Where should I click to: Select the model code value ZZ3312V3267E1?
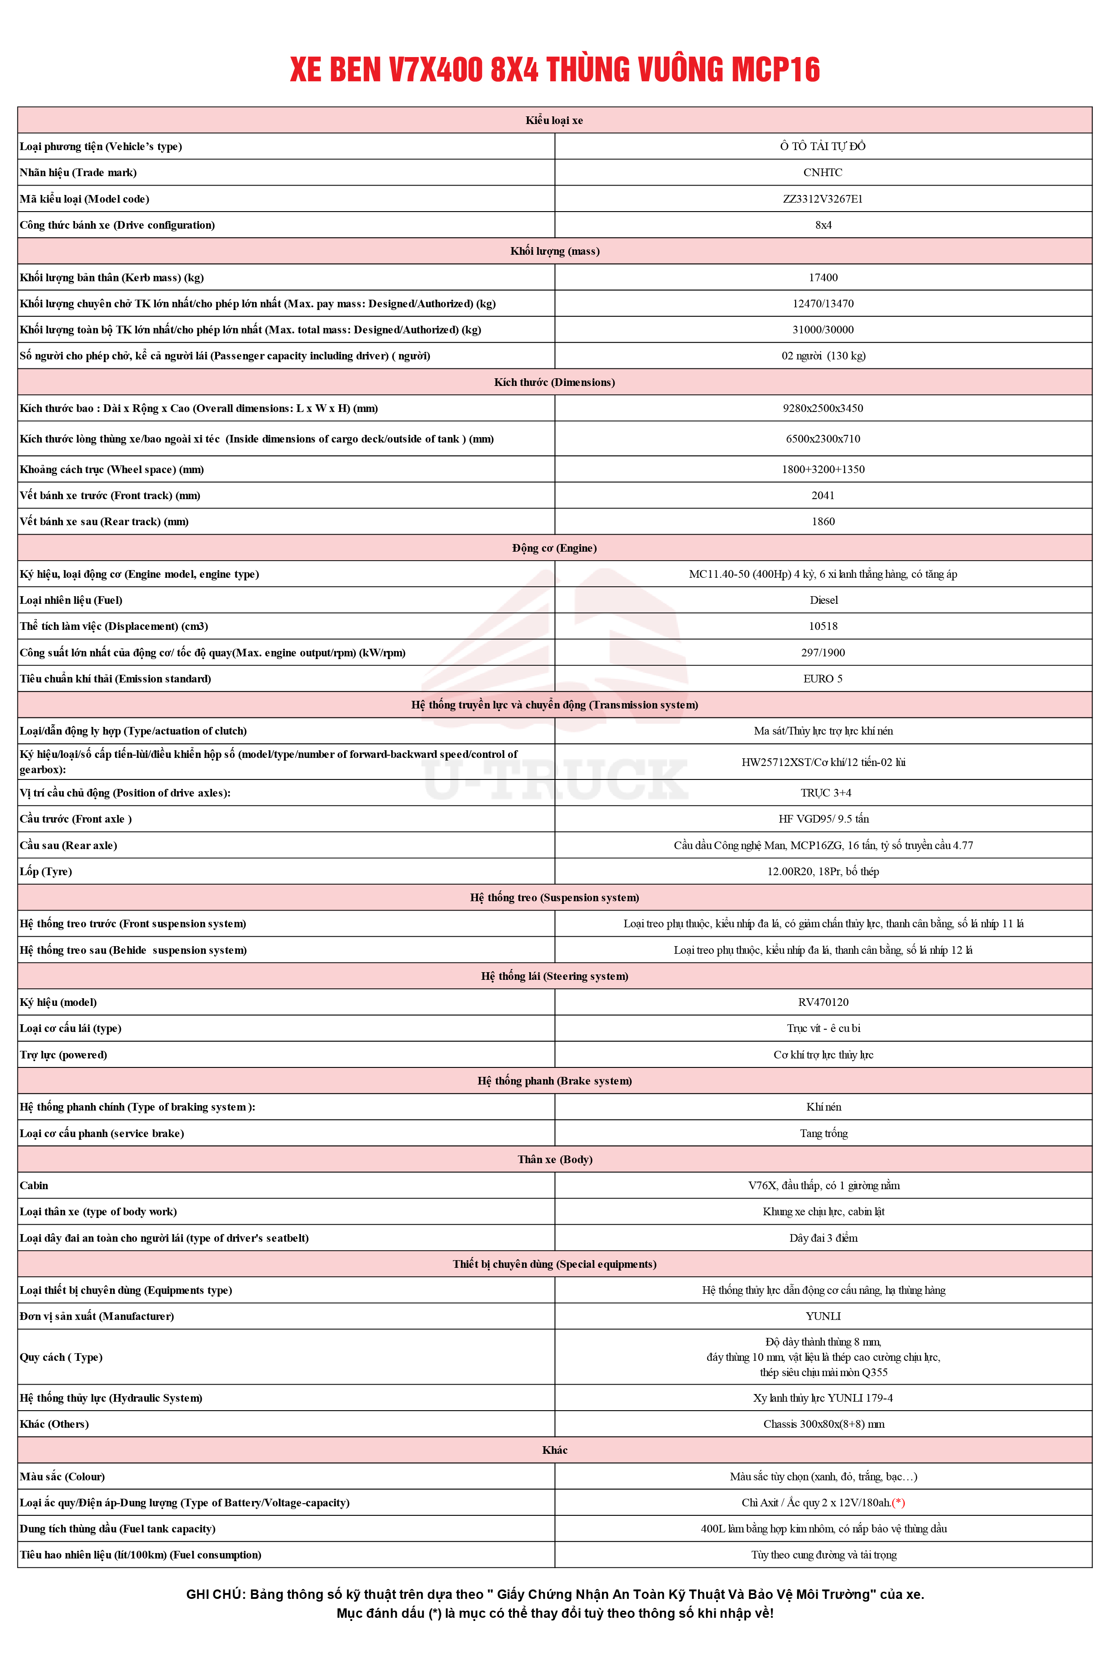click(823, 199)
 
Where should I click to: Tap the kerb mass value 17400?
click(823, 278)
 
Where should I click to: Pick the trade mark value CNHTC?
click(823, 173)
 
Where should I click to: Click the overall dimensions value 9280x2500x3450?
click(823, 408)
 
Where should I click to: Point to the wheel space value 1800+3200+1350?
click(823, 469)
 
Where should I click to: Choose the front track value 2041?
click(823, 496)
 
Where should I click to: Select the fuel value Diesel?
click(823, 600)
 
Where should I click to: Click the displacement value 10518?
click(823, 626)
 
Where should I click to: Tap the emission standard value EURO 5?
click(823, 679)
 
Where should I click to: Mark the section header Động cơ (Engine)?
click(554, 548)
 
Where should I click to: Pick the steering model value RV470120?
click(823, 1002)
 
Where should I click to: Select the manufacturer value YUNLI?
click(823, 1317)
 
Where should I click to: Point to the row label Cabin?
click(34, 1186)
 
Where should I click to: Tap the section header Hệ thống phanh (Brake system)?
click(554, 1081)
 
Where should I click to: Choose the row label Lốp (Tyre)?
click(46, 872)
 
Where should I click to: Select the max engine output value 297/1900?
click(823, 653)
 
